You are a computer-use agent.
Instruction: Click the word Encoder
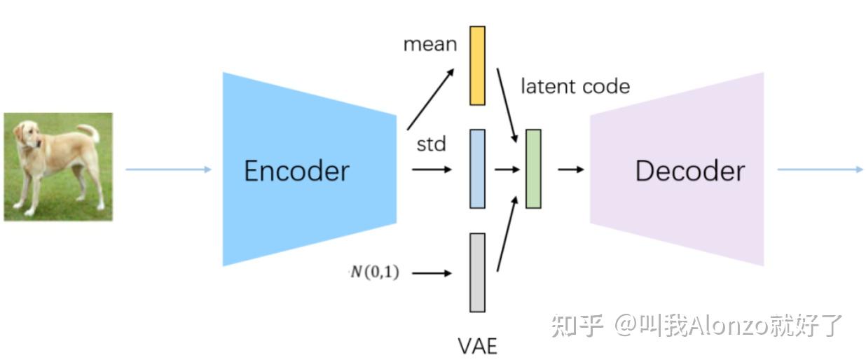point(296,171)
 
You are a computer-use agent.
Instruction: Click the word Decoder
point(689,171)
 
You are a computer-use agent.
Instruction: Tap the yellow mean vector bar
point(477,65)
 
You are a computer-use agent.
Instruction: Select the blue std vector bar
point(477,168)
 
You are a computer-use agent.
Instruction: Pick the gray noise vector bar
point(477,272)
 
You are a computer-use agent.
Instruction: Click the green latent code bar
point(533,169)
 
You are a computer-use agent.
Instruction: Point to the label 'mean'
point(429,45)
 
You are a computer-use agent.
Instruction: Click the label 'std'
point(431,145)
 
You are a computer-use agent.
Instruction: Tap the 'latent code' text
point(575,86)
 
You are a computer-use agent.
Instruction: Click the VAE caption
point(477,345)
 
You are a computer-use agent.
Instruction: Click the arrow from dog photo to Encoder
point(168,169)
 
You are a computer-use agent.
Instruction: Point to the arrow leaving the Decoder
point(820,169)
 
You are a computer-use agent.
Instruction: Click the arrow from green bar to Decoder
point(570,169)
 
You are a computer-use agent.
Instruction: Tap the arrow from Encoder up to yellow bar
point(430,98)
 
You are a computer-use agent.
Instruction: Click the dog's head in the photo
point(27,135)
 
